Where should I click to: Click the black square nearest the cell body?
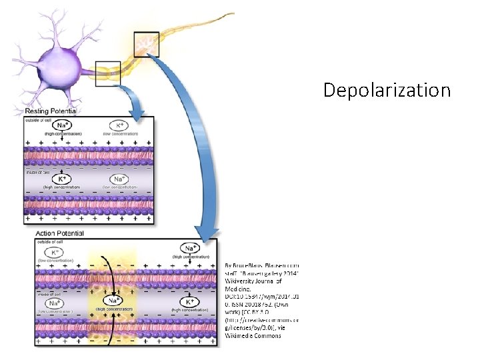[108, 73]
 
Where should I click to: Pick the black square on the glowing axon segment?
[146, 44]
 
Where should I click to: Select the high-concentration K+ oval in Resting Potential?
[61, 180]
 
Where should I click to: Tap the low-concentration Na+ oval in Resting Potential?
[118, 180]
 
